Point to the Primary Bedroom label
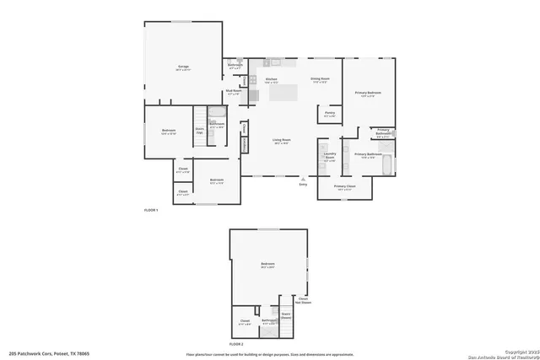[368, 93]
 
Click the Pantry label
[329, 114]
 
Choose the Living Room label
[281, 141]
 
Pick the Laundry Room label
[330, 156]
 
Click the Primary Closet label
[344, 187]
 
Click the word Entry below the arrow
[303, 185]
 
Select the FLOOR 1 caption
[151, 209]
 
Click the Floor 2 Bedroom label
[268, 265]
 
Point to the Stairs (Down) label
[286, 316]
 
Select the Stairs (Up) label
[200, 132]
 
